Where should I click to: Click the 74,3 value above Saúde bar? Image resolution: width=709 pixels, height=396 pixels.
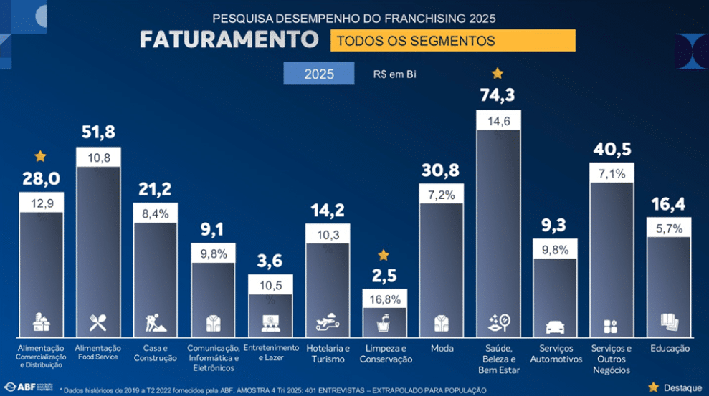coord(498,95)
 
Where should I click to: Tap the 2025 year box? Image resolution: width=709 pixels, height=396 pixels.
coord(318,74)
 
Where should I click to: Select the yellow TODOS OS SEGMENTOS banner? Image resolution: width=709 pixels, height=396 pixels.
coord(452,41)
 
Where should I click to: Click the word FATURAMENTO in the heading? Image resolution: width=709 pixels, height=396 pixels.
coord(229,39)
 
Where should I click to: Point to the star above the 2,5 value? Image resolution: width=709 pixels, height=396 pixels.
coord(384,255)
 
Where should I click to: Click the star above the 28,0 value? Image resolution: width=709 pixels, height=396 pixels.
coord(40,156)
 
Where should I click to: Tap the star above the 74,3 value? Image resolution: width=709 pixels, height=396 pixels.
coord(498,73)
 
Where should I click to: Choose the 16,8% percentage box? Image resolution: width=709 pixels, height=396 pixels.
coord(384,299)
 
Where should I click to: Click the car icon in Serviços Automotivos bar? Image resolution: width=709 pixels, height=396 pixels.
coord(556,327)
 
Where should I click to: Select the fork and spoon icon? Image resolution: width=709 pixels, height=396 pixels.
coord(97,323)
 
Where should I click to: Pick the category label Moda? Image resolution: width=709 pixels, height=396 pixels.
coord(442,349)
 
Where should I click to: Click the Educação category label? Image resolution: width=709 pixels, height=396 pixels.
coord(670,349)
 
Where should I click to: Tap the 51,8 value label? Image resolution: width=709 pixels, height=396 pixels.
coord(98,132)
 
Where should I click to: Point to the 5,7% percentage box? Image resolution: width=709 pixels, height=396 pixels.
coord(669,228)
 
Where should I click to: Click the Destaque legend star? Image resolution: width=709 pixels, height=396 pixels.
coord(653,387)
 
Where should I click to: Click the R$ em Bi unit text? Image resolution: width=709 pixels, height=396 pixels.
coord(394,74)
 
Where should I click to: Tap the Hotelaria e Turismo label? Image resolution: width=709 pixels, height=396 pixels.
coord(327,354)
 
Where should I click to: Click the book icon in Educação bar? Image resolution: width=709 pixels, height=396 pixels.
coord(669,322)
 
